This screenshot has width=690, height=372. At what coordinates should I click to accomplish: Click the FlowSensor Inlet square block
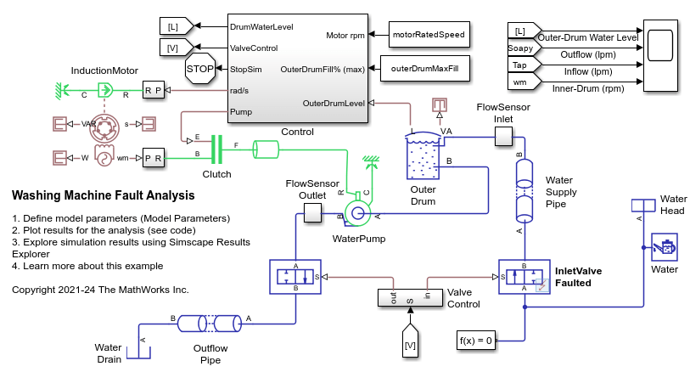pos(493,137)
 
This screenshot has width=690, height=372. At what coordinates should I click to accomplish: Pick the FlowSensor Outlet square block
pos(313,213)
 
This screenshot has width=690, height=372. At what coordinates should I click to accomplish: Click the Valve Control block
pos(410,300)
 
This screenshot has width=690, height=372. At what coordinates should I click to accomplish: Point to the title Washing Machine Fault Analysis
pos(104,195)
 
